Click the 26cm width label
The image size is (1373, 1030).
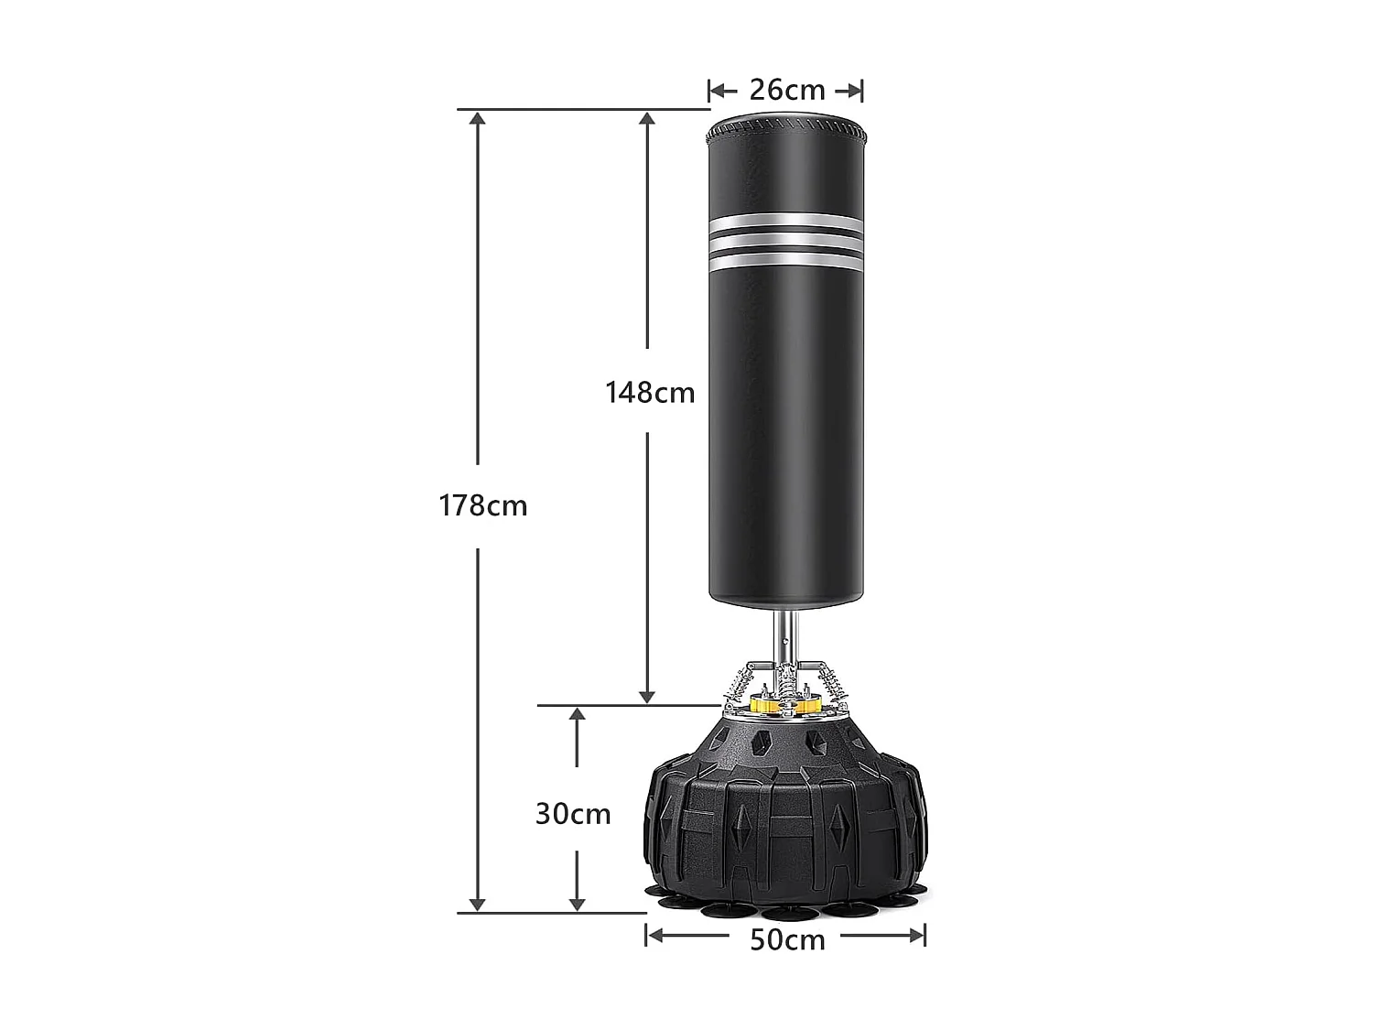coord(786,90)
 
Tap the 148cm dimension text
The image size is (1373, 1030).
coord(650,392)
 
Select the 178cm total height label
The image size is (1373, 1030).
coord(482,505)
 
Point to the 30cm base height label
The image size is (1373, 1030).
coord(573,813)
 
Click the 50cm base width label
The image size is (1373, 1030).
coord(787,939)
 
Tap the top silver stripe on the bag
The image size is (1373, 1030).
coord(786,221)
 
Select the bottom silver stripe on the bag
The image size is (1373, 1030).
coord(786,262)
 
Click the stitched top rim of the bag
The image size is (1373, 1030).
coord(786,125)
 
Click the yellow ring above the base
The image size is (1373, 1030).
coord(785,706)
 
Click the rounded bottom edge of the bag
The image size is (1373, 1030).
coord(786,602)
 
